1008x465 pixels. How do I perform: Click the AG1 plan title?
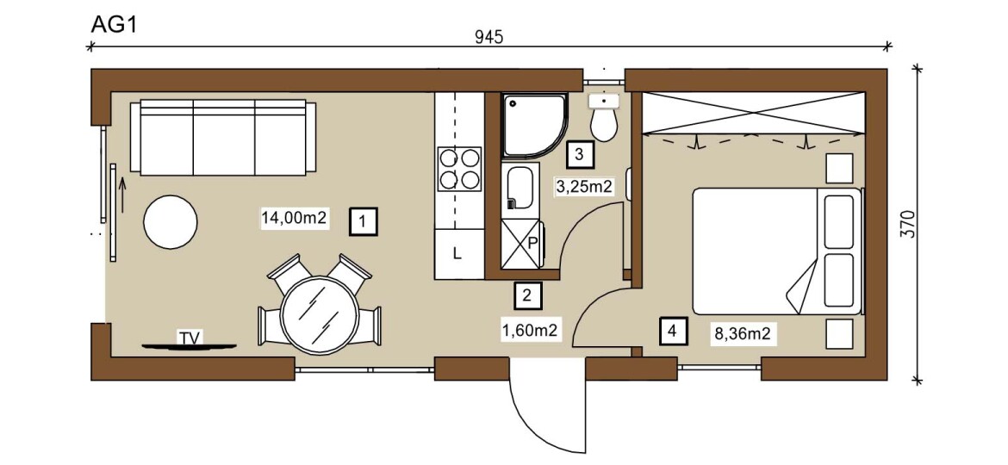point(113,24)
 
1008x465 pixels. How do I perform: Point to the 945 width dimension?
point(489,37)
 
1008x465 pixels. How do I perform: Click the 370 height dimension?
point(907,225)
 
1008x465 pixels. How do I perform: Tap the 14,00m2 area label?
point(295,218)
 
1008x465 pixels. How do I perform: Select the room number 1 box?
point(364,222)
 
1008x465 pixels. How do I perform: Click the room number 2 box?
point(528,296)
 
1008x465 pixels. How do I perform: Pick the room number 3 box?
point(579,154)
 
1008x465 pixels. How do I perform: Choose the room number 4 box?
point(672,332)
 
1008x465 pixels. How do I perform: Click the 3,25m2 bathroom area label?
point(582,187)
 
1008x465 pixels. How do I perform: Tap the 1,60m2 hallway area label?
point(529,332)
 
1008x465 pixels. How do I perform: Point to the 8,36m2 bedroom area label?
point(742,333)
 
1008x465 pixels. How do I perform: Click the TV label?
point(189,338)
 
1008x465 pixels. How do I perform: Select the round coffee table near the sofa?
point(171,222)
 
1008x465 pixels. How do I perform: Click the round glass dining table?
point(320,314)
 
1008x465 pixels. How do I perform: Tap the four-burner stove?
point(460,169)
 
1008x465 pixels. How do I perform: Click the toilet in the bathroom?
point(604,117)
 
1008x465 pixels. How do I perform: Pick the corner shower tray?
point(535,126)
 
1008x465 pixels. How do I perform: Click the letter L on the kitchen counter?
point(457,254)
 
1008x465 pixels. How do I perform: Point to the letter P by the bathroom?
point(533,244)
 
